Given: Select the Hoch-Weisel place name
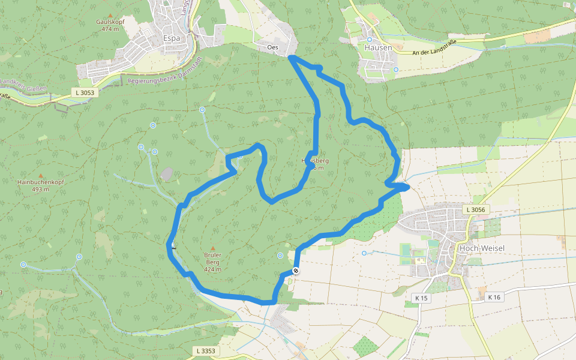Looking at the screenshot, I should (476, 247).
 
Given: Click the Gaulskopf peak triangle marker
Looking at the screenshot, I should (109, 15).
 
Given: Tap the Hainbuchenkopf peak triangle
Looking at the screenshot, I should (41, 175).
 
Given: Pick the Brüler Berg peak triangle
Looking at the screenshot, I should (212, 248).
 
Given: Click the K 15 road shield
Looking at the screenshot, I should (421, 298).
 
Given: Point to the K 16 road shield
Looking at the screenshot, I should (494, 297).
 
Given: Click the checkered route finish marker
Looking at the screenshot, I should (295, 271).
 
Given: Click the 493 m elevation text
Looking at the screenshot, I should (41, 190).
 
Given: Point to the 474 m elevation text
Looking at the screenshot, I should (110, 29).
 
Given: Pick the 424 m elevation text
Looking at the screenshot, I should (212, 269).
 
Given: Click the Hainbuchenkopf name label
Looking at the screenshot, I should (41, 182).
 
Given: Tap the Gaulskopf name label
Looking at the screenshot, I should (110, 22).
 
